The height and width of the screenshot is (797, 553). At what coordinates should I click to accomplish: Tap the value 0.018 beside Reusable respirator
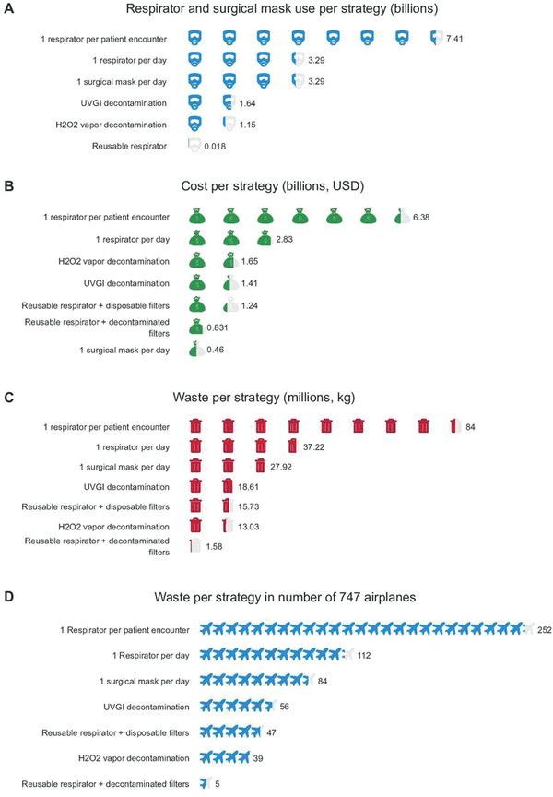(214, 146)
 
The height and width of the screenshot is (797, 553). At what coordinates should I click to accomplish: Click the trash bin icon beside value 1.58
(194, 546)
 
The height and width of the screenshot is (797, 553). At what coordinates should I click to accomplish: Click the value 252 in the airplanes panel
(546, 629)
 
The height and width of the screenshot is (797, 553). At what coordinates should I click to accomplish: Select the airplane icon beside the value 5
(205, 783)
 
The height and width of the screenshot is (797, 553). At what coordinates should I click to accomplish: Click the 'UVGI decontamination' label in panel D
(143, 707)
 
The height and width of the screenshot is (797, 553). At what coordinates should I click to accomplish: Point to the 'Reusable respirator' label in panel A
(131, 146)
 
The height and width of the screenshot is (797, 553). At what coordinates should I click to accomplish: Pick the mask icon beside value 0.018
(194, 145)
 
